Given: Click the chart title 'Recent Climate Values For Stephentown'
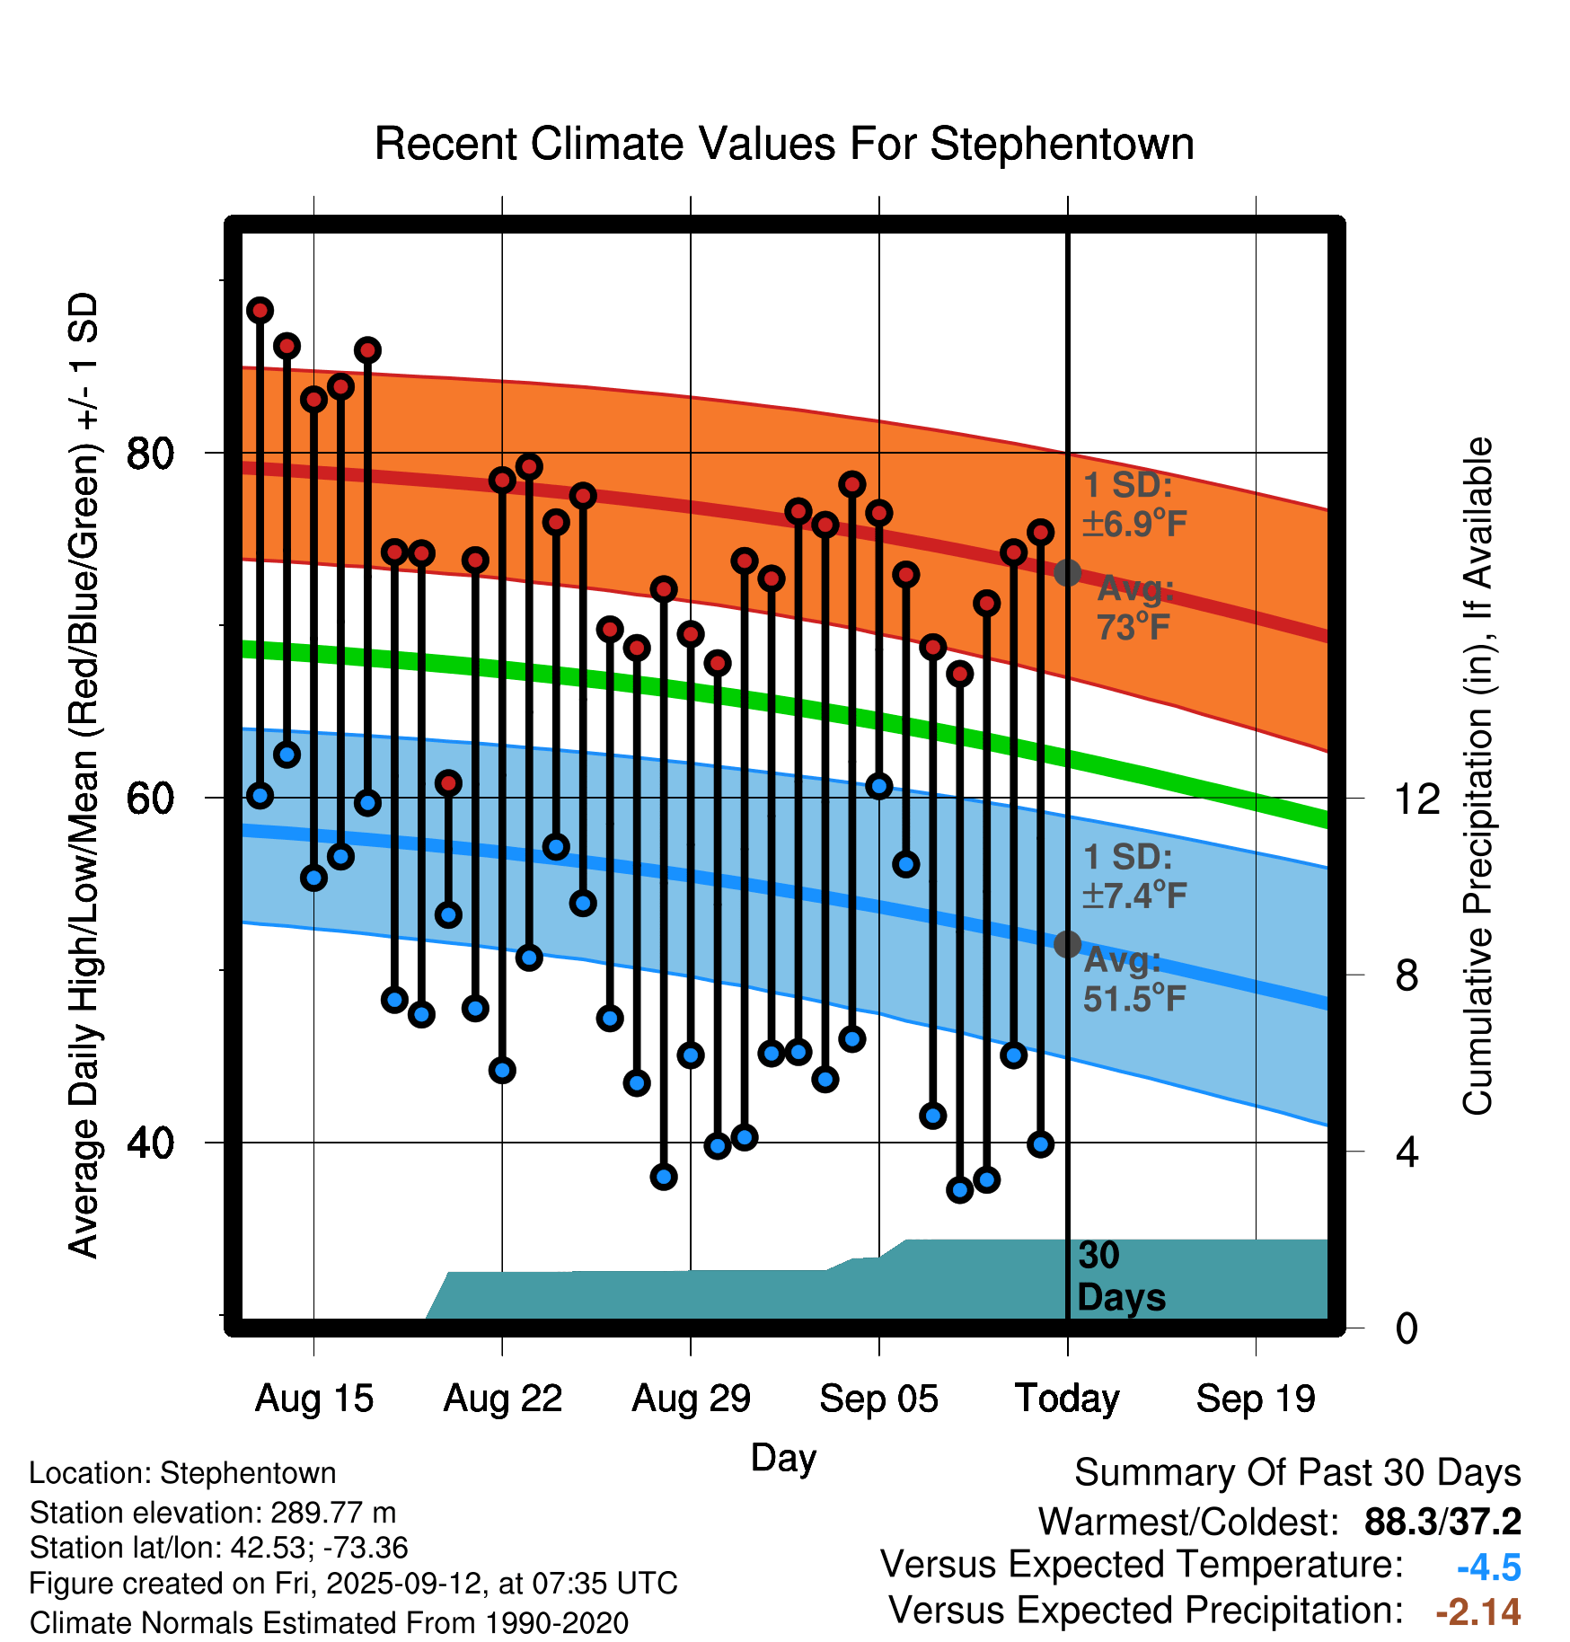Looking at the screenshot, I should click(784, 144).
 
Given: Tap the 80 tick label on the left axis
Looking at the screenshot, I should click(151, 453).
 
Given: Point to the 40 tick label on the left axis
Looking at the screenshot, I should click(151, 1143).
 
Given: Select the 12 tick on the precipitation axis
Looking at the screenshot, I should click(1417, 798).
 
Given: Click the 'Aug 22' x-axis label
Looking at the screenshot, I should click(502, 1399).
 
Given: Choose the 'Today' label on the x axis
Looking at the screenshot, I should click(1067, 1399).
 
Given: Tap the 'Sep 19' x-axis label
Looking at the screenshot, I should click(1256, 1399).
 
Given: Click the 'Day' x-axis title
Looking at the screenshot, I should click(783, 1457).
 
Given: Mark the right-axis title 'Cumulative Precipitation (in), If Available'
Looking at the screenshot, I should click(1477, 777).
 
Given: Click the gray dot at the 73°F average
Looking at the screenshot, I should click(1067, 572).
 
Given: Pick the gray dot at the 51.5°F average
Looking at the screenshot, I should click(1067, 944).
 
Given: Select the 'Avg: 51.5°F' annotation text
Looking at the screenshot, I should click(1133, 979).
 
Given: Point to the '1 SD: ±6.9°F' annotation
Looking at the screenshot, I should click(1134, 504).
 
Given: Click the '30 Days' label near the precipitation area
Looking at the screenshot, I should click(1120, 1276).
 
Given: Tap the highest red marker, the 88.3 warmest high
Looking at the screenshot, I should click(260, 310).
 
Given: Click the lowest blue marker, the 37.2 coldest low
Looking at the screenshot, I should click(959, 1190).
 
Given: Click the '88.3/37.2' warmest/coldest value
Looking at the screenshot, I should click(1442, 1522).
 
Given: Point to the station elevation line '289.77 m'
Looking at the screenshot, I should click(213, 1513).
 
